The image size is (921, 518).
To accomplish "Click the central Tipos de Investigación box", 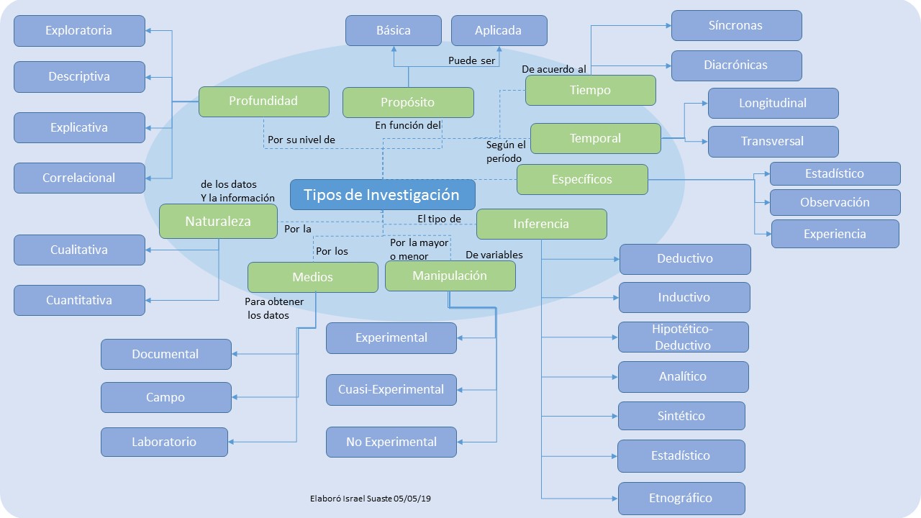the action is (x=382, y=194).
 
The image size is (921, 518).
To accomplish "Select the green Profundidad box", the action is (x=263, y=101).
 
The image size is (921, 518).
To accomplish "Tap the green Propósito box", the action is (x=408, y=102).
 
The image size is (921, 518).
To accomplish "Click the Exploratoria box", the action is (x=79, y=31).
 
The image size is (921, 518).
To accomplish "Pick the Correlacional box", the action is (x=79, y=178).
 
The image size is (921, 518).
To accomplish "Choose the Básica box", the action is (x=394, y=30).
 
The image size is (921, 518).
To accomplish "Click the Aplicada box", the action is (x=499, y=30).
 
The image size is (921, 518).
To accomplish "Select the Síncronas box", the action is (x=736, y=25).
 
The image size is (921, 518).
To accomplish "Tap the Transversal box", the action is (x=773, y=142).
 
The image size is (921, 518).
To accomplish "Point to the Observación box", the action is (x=835, y=202).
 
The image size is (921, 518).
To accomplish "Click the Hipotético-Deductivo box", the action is (x=684, y=337).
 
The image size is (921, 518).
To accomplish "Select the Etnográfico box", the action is (x=681, y=499).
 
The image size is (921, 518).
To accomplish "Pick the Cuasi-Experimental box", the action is (x=391, y=390).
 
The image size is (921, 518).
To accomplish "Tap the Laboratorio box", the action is (x=165, y=442).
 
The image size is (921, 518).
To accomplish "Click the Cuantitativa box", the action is (x=79, y=301).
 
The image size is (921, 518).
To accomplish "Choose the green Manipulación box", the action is (x=450, y=276).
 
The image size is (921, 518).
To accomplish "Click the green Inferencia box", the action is (x=542, y=224).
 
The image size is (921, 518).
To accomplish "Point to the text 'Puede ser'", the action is (x=471, y=61).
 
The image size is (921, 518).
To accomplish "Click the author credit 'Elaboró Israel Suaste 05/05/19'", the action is (x=371, y=499).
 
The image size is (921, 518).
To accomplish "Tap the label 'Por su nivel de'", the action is (x=301, y=140).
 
